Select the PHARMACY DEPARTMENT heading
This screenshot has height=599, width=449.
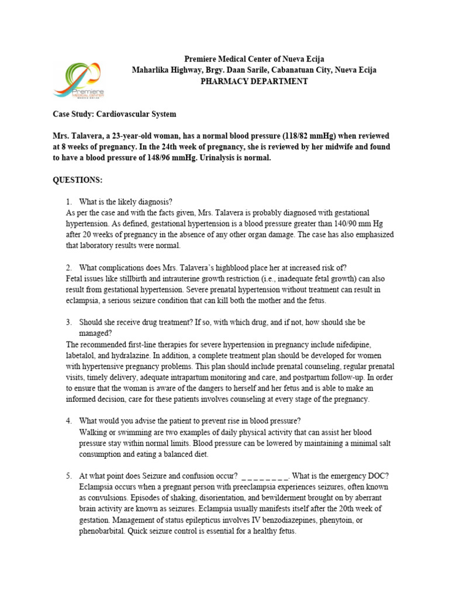pos(254,81)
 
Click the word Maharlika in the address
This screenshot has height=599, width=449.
pos(153,70)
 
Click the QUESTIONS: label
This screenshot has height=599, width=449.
pos(78,180)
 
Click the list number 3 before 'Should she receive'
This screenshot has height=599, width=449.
pos(68,322)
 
